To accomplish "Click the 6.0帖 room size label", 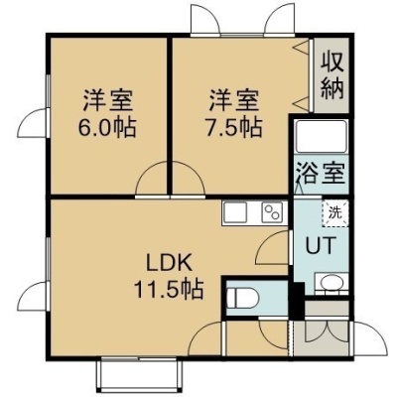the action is click(x=107, y=127).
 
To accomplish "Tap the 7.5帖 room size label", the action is click(x=233, y=127).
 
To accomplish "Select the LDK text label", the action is click(x=169, y=264).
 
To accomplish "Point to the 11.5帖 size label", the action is click(x=169, y=288).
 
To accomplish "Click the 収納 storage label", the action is click(x=332, y=75).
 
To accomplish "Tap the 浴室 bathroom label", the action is click(x=321, y=174).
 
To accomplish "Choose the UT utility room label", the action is click(x=321, y=245).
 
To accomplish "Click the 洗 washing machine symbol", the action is click(x=335, y=213).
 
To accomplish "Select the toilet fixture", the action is click(x=243, y=297).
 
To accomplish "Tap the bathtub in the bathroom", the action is click(x=322, y=137).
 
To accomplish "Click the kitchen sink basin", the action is click(x=235, y=212).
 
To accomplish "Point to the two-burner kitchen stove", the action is click(x=273, y=212).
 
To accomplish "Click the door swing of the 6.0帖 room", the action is click(x=152, y=179).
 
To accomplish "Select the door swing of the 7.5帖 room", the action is click(x=189, y=179).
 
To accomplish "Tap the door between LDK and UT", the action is click(x=273, y=247).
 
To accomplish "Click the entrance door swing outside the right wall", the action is click(x=370, y=338).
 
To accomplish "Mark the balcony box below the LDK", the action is click(x=139, y=374).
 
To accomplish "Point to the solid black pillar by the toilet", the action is click(x=297, y=301).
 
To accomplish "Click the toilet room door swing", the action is click(x=273, y=334).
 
